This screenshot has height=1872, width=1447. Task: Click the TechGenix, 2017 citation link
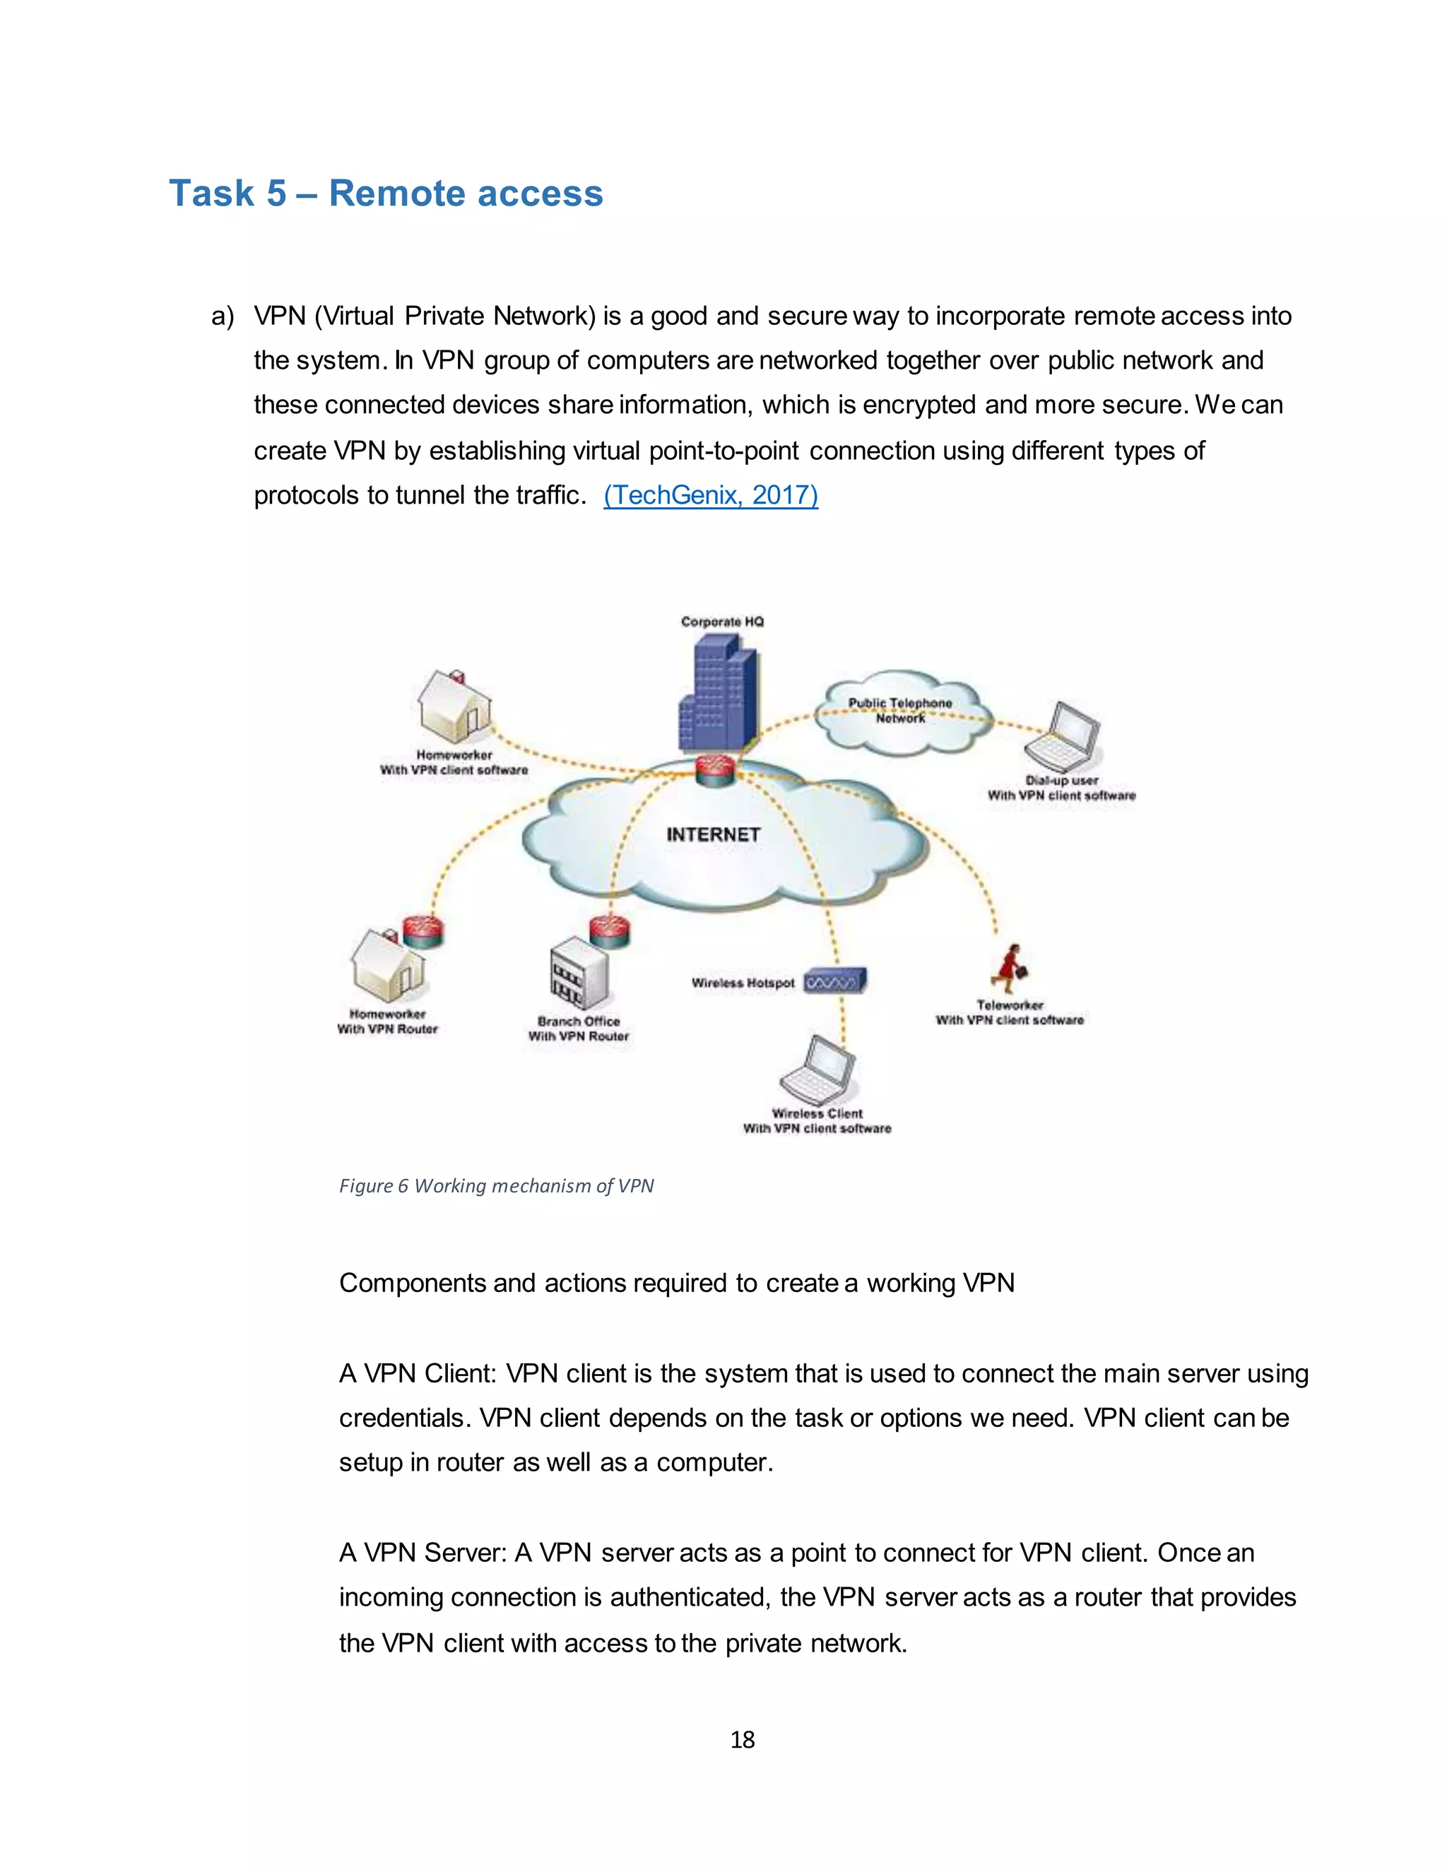tap(711, 495)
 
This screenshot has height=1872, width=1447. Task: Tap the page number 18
tap(743, 1739)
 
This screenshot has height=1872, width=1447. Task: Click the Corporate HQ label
tap(722, 622)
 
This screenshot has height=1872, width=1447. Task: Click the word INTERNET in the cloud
tap(713, 835)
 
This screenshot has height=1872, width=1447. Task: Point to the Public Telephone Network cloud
tap(900, 711)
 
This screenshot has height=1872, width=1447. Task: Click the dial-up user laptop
tap(1063, 737)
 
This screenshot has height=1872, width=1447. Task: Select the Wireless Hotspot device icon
tap(835, 981)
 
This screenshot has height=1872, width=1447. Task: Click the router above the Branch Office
tap(610, 930)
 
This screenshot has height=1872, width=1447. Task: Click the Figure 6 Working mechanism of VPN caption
tap(496, 1186)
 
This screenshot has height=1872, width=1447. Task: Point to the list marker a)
tap(222, 316)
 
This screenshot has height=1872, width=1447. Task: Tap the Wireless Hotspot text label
tap(743, 983)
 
